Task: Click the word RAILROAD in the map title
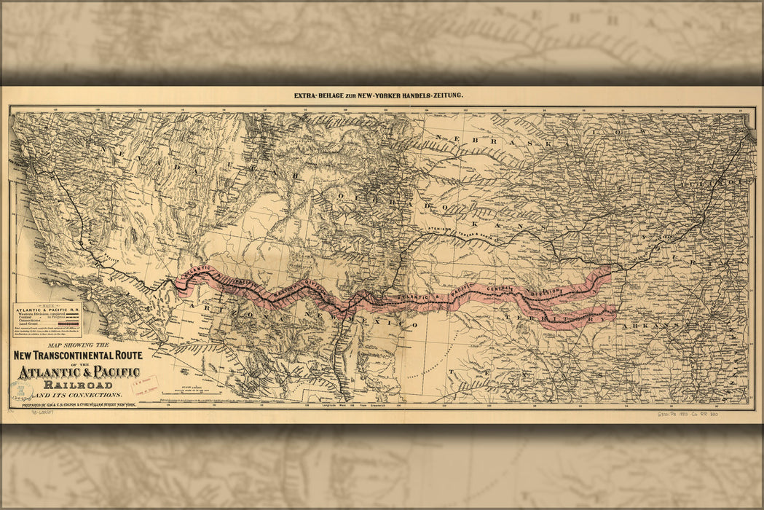tap(78, 385)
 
